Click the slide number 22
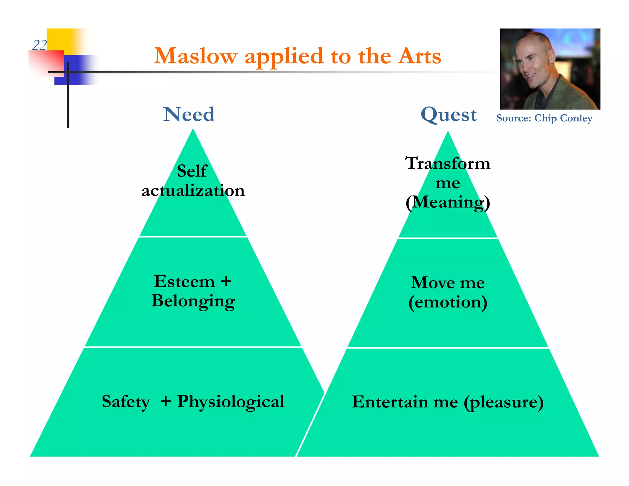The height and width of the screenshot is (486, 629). pos(39,45)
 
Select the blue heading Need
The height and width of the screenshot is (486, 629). pos(189,114)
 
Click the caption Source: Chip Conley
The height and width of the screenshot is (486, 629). pos(544,118)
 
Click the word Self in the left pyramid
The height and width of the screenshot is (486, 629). pos(192,171)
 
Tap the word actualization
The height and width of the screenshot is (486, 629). pos(193,190)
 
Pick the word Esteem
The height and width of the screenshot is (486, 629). pos(184,281)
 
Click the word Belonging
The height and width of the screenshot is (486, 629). pos(193,301)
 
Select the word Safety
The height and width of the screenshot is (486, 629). pos(126,402)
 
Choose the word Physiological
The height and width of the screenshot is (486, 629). pos(231,402)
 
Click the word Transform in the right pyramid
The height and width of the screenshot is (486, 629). pos(447,163)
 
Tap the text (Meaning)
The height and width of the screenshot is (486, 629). pos(447,202)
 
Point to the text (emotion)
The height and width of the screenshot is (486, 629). pos(447,302)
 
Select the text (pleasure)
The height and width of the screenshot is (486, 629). pos(504,402)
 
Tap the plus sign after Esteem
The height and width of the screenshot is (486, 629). pos(226,281)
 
